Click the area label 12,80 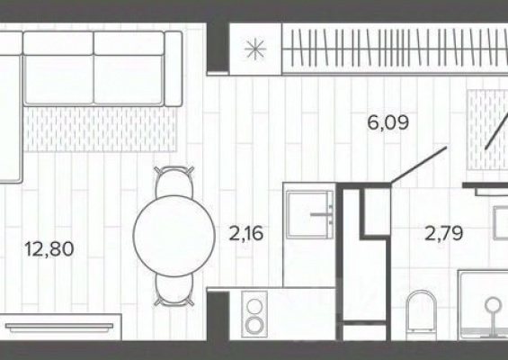tap(49, 249)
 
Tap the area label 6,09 tap(388, 122)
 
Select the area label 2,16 tap(245, 233)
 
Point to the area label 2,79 tap(443, 233)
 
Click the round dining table tap(174, 236)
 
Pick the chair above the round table tap(174, 182)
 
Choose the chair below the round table tap(174, 290)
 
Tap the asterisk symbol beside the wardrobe tap(255, 49)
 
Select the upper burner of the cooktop tap(254, 305)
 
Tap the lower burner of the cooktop tap(254, 325)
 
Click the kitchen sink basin tap(308, 214)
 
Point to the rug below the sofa tap(101, 129)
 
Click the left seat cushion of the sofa tap(58, 79)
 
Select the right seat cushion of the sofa tap(129, 79)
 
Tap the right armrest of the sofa tap(174, 68)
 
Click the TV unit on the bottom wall tap(61, 327)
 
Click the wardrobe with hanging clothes tap(395, 48)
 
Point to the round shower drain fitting tap(493, 305)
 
